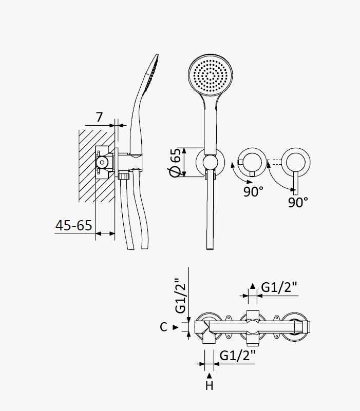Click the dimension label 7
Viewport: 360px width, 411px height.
click(99, 117)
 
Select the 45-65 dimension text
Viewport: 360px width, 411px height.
click(74, 225)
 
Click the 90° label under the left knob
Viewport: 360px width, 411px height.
click(253, 191)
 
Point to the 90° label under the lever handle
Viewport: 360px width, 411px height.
click(298, 202)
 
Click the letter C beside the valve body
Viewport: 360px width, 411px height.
click(163, 327)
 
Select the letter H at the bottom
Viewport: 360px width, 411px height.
click(209, 385)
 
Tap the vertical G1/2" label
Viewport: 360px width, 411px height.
click(181, 296)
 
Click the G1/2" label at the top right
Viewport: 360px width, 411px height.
click(279, 287)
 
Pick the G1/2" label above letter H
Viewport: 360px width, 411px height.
click(237, 356)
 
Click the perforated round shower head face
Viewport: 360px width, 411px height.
click(211, 75)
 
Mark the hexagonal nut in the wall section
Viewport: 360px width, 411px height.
click(102, 163)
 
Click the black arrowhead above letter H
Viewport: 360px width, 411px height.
click(209, 376)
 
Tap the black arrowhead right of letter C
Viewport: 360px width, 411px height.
click(176, 327)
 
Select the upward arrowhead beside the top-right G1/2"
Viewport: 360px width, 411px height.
click(253, 286)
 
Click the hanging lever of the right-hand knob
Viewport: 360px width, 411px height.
click(296, 184)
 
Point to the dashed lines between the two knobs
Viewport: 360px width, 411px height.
click(274, 162)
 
